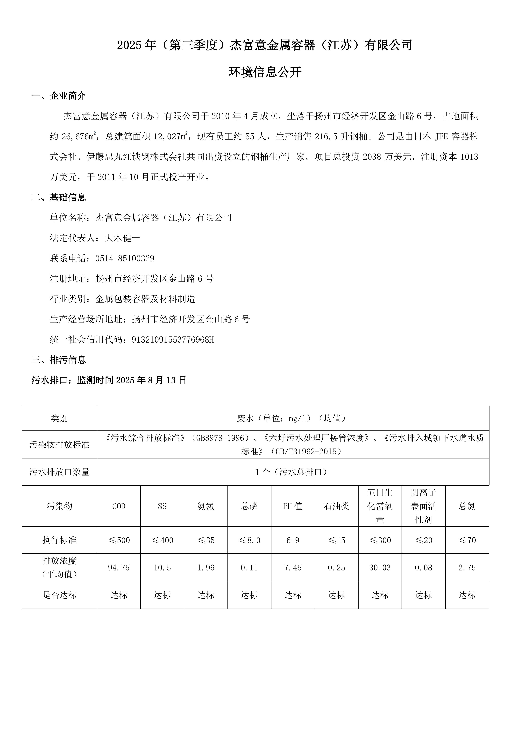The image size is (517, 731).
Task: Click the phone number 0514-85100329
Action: click(x=124, y=259)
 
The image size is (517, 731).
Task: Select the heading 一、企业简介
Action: click(x=59, y=96)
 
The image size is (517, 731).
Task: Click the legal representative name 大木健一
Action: click(x=123, y=238)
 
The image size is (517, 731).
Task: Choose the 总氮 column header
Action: click(x=467, y=506)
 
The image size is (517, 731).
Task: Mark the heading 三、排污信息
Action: click(x=59, y=360)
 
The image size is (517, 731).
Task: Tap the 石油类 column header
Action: click(x=336, y=506)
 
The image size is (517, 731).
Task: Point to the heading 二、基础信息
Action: click(x=59, y=197)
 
